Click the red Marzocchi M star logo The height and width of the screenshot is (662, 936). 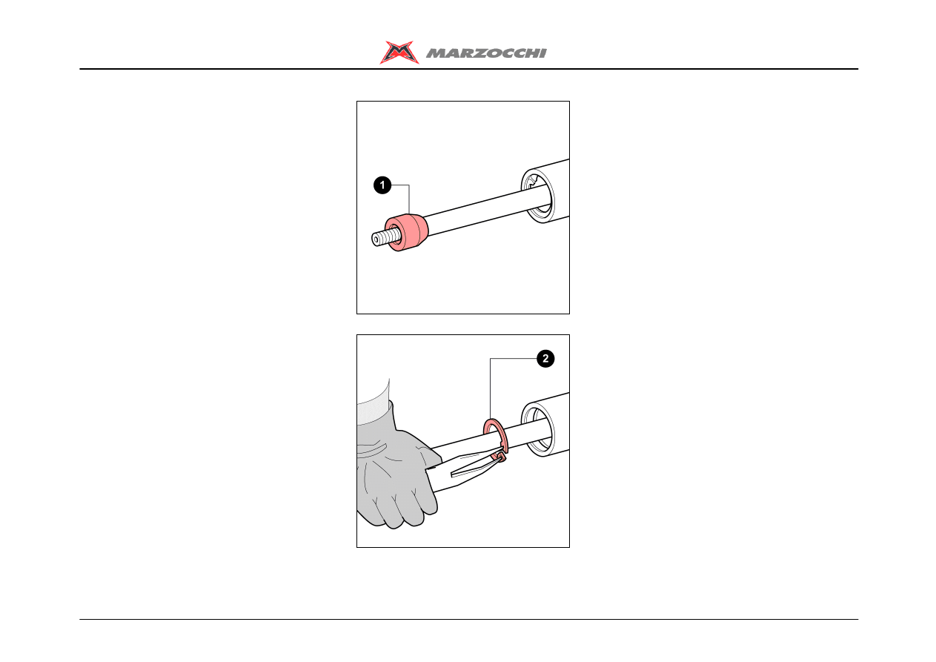pos(399,53)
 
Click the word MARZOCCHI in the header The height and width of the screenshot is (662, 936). pos(486,53)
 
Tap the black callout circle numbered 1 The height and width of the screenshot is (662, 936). pos(382,185)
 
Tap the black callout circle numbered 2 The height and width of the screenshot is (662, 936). pos(545,359)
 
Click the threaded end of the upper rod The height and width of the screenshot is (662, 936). pos(386,237)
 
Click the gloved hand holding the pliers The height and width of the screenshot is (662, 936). pos(395,472)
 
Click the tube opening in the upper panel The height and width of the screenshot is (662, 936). pos(539,196)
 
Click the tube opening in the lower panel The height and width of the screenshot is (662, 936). pos(539,431)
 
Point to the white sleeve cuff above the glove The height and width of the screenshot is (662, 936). pos(373,402)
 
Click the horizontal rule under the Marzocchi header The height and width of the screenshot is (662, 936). pos(469,69)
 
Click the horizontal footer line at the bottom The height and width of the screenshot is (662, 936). pos(469,619)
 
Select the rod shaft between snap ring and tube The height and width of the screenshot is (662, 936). pos(528,434)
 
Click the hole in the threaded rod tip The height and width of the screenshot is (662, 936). pos(376,240)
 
